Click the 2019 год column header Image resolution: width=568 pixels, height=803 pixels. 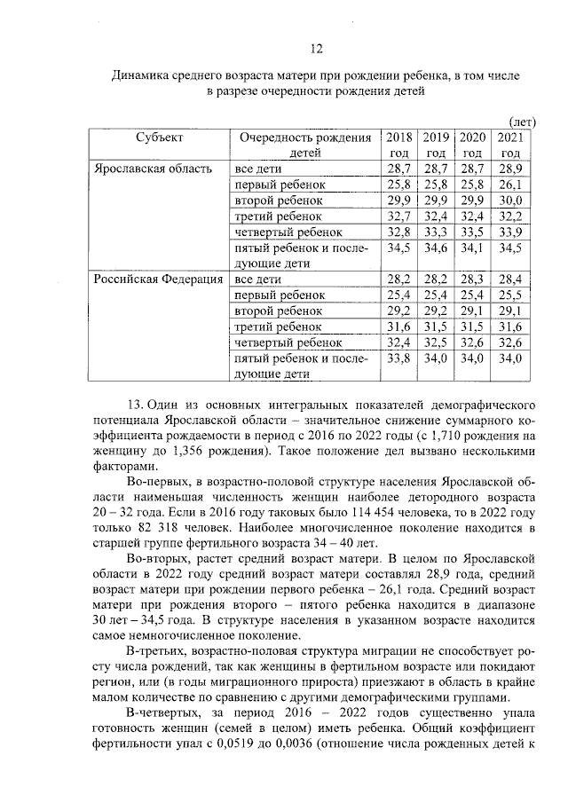pyautogui.click(x=435, y=144)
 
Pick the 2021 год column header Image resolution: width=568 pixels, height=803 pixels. pyautogui.click(x=509, y=144)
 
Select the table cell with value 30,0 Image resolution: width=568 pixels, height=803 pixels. pyautogui.click(x=509, y=200)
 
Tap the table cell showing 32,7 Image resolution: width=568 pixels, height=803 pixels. pyautogui.click(x=399, y=216)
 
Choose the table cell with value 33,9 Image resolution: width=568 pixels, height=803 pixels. pyautogui.click(x=509, y=232)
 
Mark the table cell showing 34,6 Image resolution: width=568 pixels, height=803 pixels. pyautogui.click(x=435, y=248)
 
